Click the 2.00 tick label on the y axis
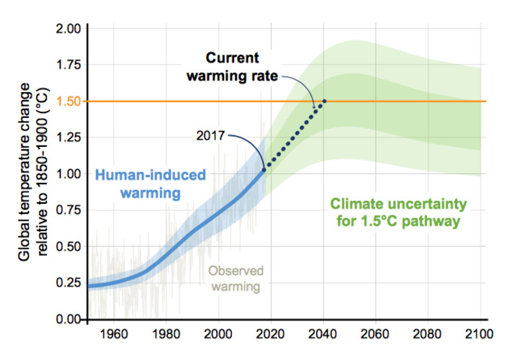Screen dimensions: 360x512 coord(68,29)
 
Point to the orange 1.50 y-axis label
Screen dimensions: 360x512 coord(68,102)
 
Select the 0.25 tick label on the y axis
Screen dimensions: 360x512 coord(68,283)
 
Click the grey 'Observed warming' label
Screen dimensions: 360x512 coord(233,278)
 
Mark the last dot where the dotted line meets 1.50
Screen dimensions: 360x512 coord(324,102)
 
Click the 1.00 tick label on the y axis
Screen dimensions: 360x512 coord(68,174)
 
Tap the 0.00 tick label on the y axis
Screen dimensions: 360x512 coord(68,319)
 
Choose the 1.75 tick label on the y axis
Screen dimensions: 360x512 coord(68,65)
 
